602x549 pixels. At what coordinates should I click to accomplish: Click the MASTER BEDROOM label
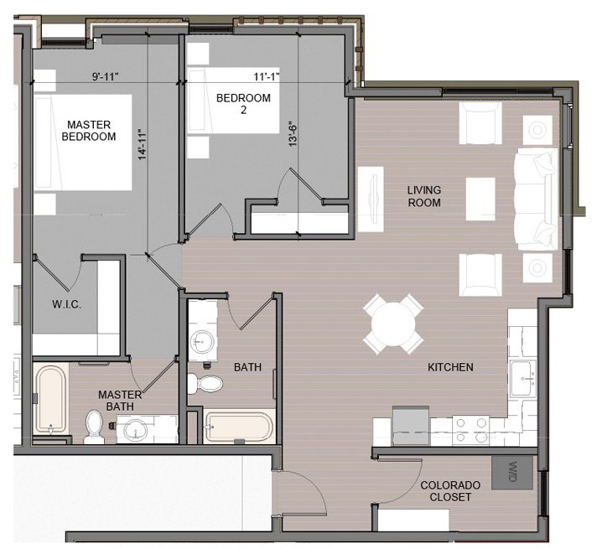click(x=91, y=130)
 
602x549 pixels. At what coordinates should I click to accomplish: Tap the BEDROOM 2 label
click(x=243, y=105)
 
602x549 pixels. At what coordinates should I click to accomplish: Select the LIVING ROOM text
click(x=423, y=196)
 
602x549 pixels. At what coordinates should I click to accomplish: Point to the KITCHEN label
click(x=450, y=367)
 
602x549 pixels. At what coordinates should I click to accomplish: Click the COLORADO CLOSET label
click(x=450, y=491)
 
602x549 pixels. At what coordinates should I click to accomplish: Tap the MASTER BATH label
click(x=118, y=401)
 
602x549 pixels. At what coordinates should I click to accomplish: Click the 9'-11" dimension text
click(x=106, y=77)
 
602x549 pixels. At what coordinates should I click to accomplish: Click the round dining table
click(x=393, y=324)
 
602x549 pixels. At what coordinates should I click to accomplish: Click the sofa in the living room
click(x=536, y=199)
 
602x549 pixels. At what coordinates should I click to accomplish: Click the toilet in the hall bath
click(x=206, y=384)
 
